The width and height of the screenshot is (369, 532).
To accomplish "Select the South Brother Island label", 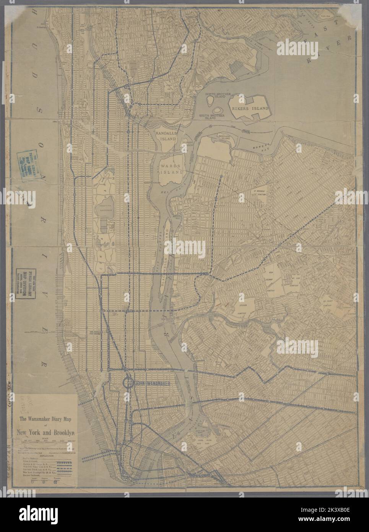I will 210,116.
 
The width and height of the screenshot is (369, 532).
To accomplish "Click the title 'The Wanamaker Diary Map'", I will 44,418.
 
